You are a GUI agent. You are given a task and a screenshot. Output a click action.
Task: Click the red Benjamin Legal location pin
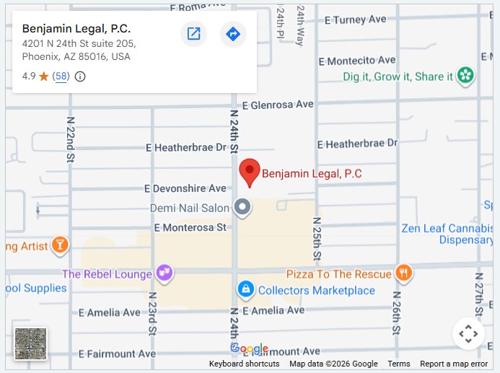250,172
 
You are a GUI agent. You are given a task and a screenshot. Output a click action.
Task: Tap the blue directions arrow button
233,34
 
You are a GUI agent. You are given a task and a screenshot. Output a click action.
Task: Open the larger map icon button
193,34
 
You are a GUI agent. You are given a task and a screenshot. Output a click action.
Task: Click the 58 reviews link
61,76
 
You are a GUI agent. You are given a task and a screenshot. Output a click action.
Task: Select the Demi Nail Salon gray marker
244,208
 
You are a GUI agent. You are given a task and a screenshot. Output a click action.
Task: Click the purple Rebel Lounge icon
165,273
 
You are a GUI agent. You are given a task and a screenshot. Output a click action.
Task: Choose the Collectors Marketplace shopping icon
246,290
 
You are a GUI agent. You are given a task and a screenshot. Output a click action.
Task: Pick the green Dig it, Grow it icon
466,76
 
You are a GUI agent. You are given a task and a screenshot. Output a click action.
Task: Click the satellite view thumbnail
31,343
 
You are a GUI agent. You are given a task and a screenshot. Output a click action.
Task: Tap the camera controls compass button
468,334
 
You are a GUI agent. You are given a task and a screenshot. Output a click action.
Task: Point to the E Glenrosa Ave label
278,105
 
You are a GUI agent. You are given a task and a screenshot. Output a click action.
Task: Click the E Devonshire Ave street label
185,188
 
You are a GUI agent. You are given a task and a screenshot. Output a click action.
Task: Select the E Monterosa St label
185,228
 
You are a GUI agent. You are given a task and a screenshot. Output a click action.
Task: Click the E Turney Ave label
355,19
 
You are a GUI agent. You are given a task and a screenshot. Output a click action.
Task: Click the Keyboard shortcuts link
244,364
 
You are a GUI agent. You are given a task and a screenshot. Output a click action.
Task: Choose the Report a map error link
454,364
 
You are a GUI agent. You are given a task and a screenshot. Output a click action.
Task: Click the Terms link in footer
398,364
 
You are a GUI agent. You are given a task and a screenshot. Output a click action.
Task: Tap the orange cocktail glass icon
61,246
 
